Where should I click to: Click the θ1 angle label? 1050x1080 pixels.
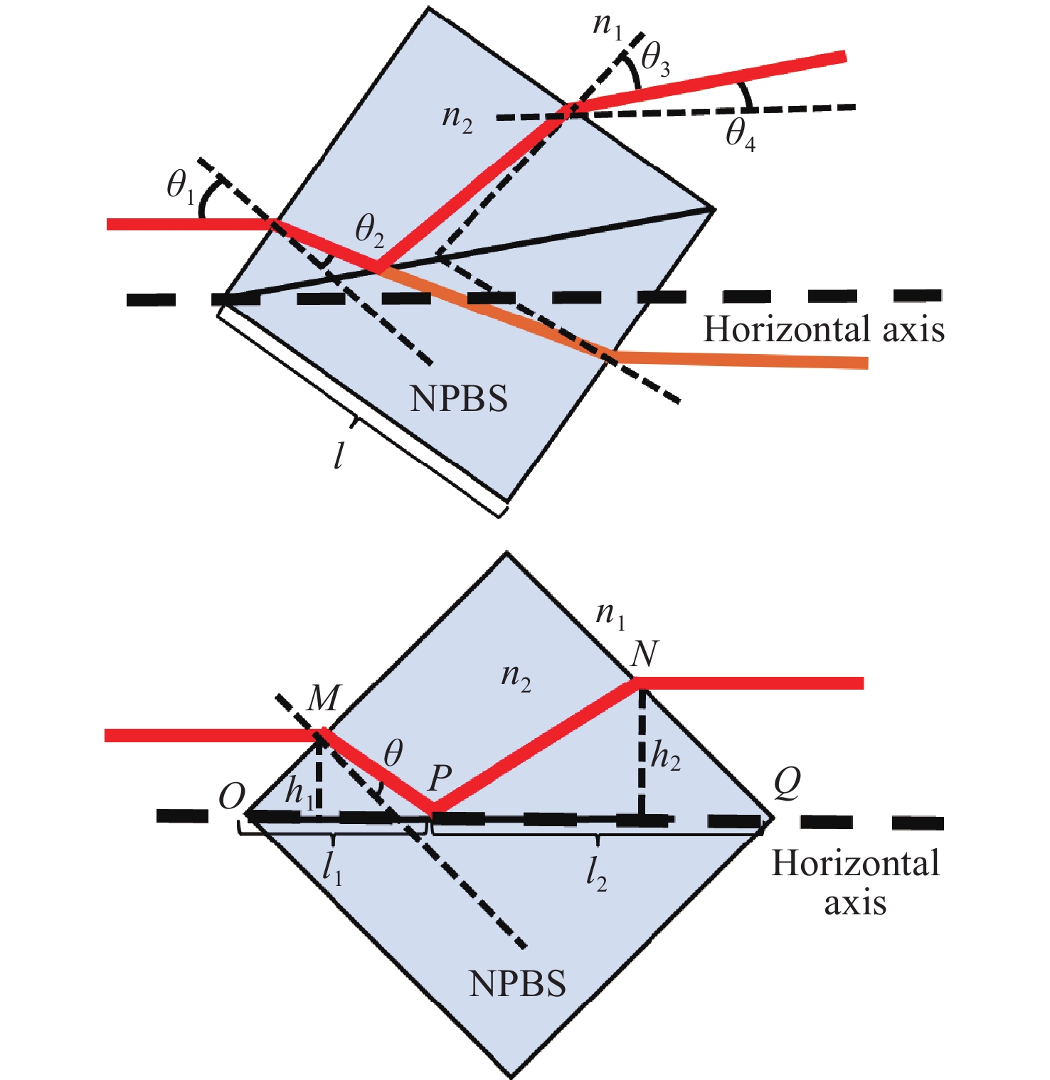(180, 187)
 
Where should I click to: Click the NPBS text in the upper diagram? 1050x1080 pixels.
(459, 400)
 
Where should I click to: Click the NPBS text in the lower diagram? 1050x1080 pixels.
(518, 984)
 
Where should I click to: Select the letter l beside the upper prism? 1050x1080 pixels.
(339, 455)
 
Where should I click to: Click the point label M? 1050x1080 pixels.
(324, 698)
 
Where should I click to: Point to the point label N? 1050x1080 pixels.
(645, 653)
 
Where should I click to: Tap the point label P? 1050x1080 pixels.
(440, 779)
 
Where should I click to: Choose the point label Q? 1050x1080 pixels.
(787, 783)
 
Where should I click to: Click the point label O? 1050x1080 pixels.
(232, 796)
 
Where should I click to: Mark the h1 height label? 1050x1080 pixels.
(299, 791)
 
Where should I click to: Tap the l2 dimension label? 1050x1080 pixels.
(596, 873)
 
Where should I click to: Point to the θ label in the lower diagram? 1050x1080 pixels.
(393, 752)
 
